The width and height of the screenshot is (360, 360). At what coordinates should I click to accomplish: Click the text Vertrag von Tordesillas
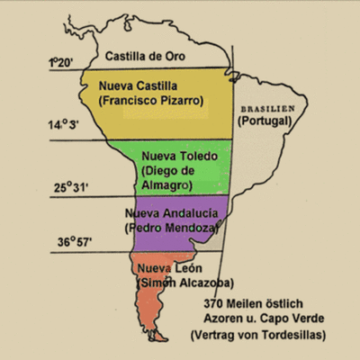click(262, 335)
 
